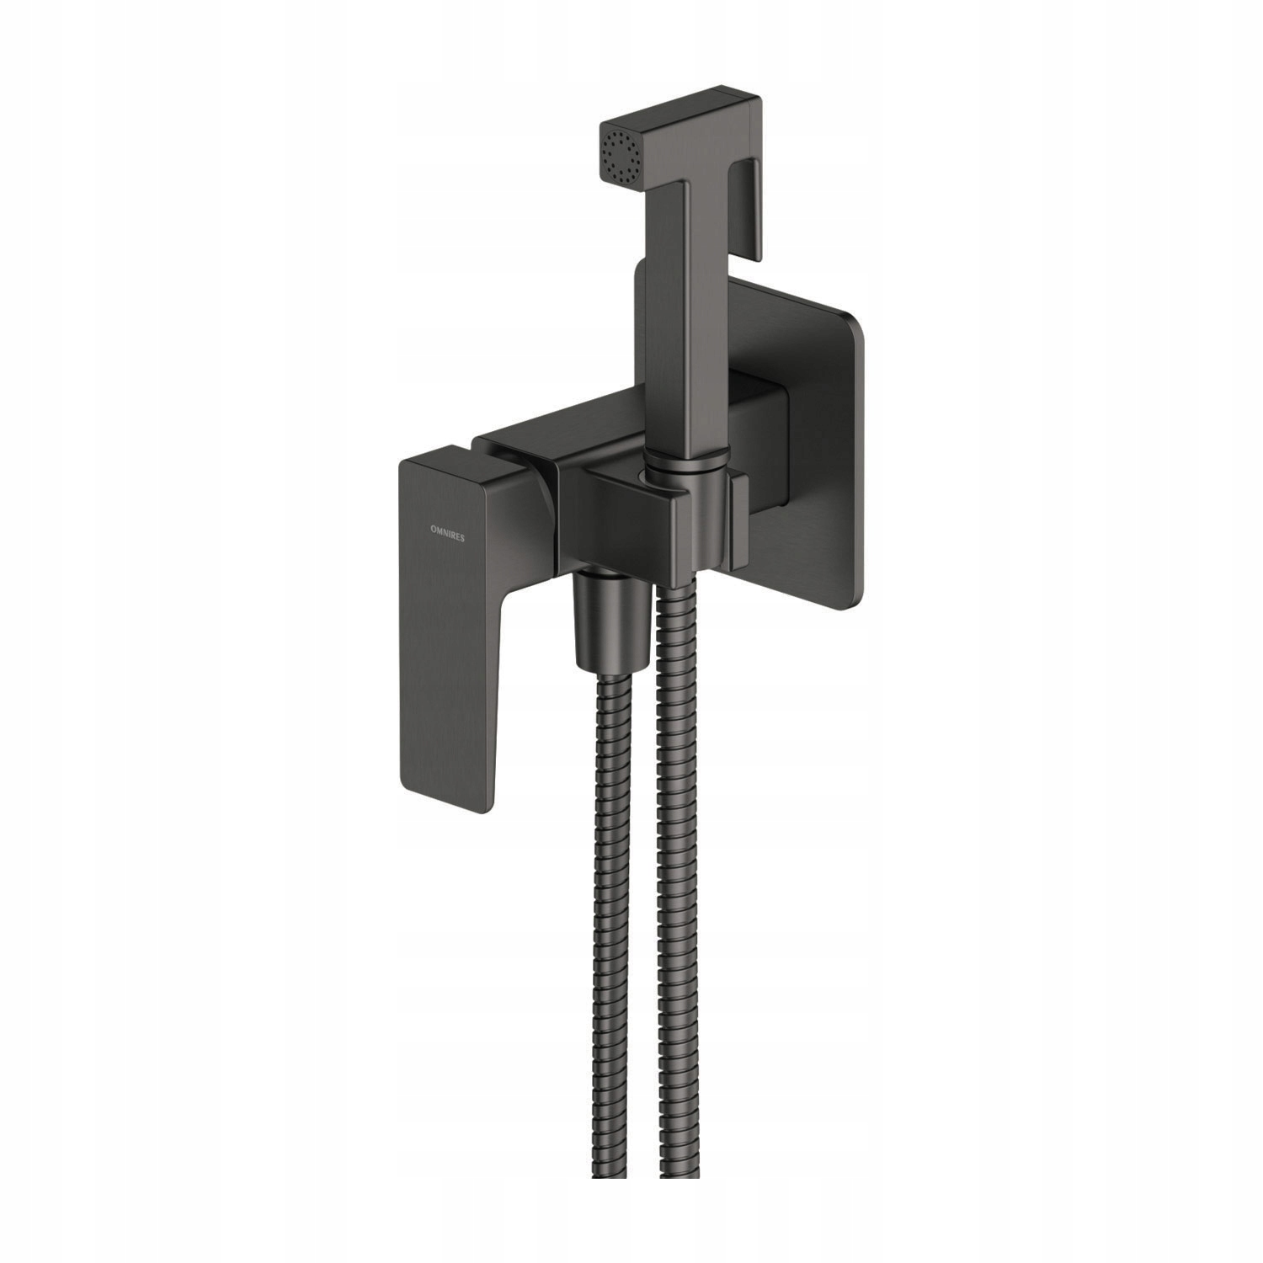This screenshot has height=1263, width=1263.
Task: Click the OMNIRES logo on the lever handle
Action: click(x=447, y=534)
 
